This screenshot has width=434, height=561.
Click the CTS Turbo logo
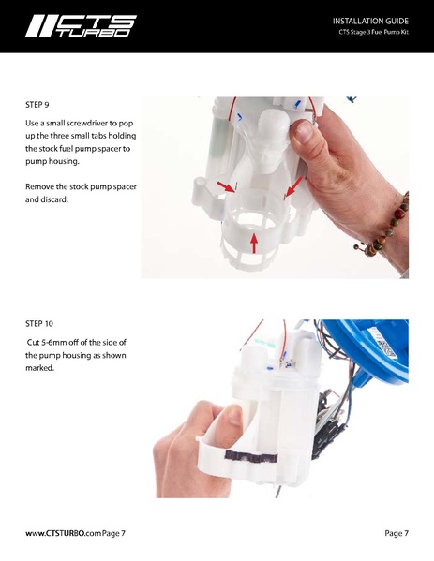tap(81, 26)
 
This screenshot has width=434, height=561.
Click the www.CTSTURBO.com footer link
tap(60, 533)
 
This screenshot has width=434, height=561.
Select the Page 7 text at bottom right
tap(396, 533)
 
